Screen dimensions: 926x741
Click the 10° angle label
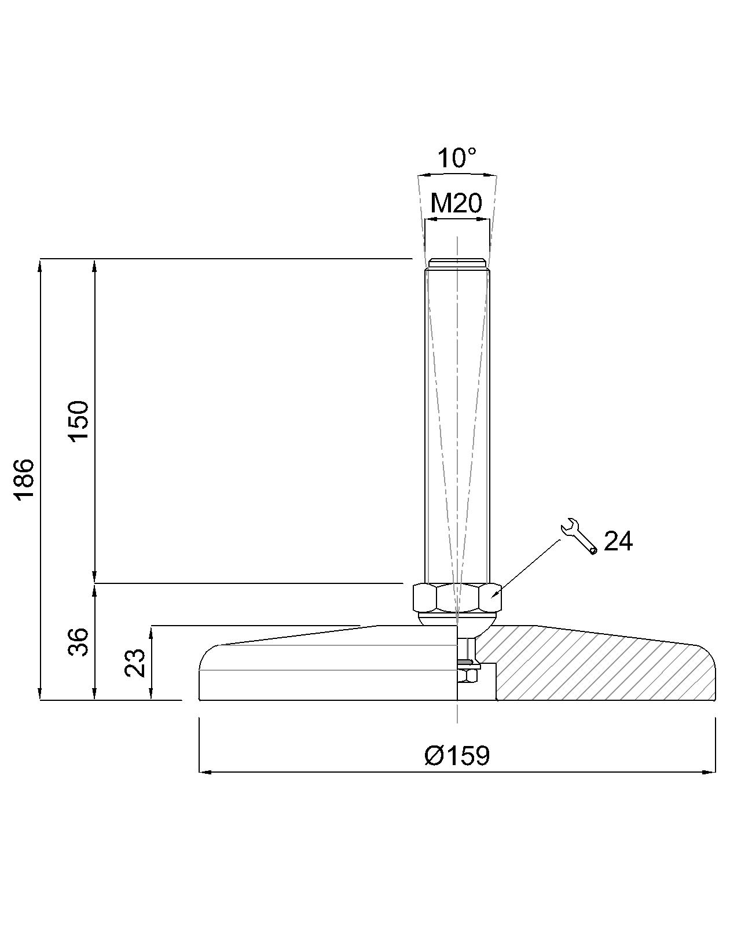457,158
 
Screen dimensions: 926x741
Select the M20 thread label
456,203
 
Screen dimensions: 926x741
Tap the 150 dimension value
79,420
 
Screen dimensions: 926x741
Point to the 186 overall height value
24,479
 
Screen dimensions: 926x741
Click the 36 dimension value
79,641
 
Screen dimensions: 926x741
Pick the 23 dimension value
135,663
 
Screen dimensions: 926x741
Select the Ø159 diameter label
457,755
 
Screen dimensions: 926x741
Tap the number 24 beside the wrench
618,541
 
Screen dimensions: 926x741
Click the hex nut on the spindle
457,598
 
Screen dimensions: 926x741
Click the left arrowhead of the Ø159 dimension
204,771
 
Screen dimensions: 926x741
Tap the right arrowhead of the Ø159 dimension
711,771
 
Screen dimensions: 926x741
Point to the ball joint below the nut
457,619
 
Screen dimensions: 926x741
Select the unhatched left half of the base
324,671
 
